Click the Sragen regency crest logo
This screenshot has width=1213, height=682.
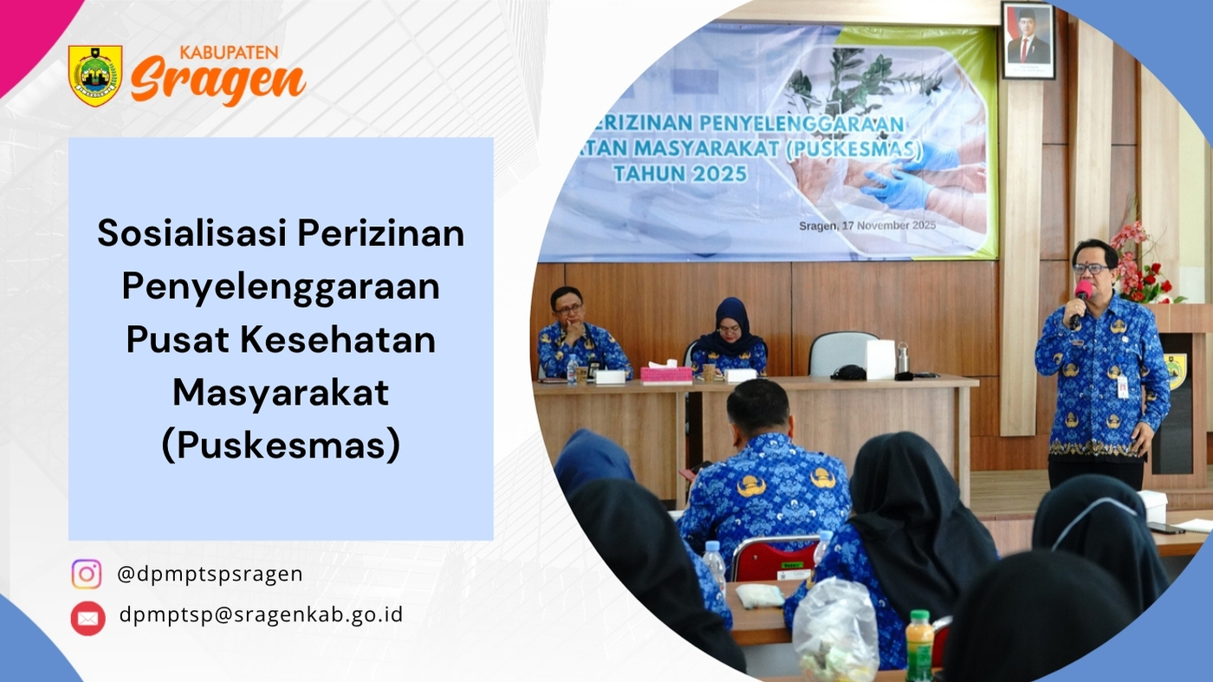[x=95, y=75]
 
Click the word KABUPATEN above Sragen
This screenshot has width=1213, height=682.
[x=229, y=53]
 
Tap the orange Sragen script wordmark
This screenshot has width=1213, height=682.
[x=218, y=81]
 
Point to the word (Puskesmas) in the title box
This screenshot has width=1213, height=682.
[x=281, y=445]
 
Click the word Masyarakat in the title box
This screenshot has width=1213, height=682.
[x=281, y=393]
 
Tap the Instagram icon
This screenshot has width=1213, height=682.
[x=87, y=575]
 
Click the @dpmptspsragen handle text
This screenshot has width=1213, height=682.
[x=210, y=574]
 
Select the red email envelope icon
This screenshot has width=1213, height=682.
[x=88, y=618]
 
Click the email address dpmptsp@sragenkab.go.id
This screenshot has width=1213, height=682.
[x=261, y=614]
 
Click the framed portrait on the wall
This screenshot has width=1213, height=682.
[x=1028, y=41]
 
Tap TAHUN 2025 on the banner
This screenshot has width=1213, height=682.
[x=680, y=173]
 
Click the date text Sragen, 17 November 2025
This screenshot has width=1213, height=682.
[x=867, y=225]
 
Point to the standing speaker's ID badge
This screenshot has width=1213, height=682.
[x=1123, y=385]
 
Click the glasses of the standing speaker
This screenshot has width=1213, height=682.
[x=1090, y=268]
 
